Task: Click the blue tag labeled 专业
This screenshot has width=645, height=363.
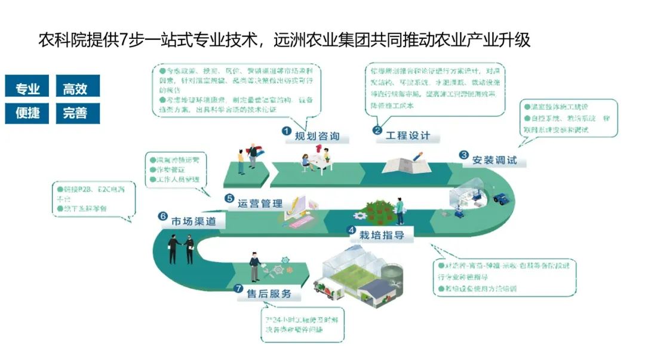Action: [x=27, y=90]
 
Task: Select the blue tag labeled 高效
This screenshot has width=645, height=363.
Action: [x=75, y=90]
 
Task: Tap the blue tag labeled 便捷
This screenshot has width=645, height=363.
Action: [x=27, y=113]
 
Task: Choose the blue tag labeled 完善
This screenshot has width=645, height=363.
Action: [x=75, y=113]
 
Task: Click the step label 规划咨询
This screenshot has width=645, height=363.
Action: [x=317, y=136]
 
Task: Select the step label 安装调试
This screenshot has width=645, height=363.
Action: [x=493, y=160]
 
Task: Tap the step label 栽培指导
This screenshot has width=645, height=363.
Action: [x=382, y=235]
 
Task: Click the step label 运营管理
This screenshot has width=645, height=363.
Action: [x=260, y=203]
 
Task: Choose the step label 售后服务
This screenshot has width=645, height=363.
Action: [x=269, y=293]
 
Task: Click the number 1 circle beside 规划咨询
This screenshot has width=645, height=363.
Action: [x=287, y=131]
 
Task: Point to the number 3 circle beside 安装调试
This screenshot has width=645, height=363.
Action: [x=463, y=155]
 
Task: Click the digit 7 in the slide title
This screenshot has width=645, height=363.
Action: [x=124, y=41]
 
